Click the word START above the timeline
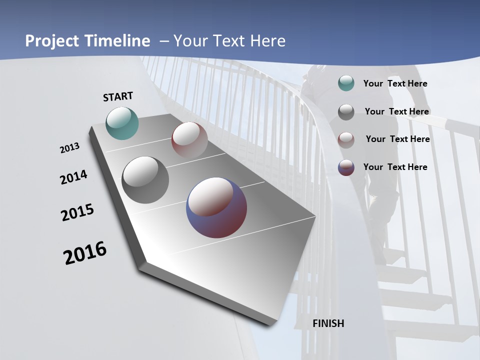point(118,96)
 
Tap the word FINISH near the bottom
point(328,323)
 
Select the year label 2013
point(69,148)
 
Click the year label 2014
point(73,177)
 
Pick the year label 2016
point(85,253)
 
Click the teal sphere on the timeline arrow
point(122,123)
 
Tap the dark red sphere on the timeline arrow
point(189,139)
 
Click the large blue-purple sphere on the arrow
point(216,207)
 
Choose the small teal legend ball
point(346,83)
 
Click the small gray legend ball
point(346,111)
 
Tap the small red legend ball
point(346,139)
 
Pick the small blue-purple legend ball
point(346,167)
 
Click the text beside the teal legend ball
point(395,83)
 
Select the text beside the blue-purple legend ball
point(395,167)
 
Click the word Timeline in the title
point(117,40)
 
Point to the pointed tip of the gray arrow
point(274,325)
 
